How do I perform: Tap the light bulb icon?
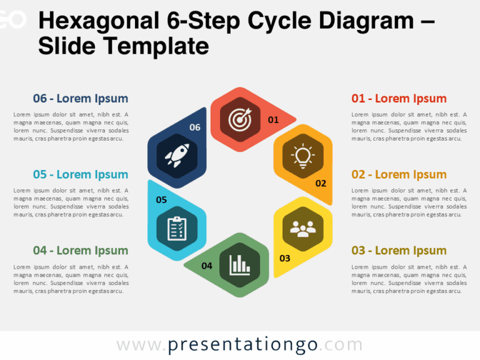(x=303, y=155)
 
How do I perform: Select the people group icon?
(x=303, y=228)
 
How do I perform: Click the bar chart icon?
(x=240, y=265)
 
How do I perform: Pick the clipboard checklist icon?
(x=177, y=228)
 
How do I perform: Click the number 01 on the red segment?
(x=273, y=119)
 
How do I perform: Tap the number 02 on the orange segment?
(x=321, y=184)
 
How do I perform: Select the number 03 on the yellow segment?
(x=284, y=257)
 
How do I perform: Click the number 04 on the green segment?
(x=207, y=266)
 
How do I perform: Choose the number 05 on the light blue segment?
(x=161, y=200)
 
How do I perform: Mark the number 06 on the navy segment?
(x=195, y=127)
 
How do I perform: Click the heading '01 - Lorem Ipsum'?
(x=399, y=98)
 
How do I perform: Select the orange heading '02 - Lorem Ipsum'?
(x=399, y=174)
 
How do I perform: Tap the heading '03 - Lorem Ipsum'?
(x=399, y=251)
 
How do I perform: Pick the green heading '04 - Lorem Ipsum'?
(x=81, y=251)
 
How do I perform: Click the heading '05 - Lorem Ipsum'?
(x=81, y=174)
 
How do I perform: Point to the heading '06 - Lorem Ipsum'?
(x=81, y=98)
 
